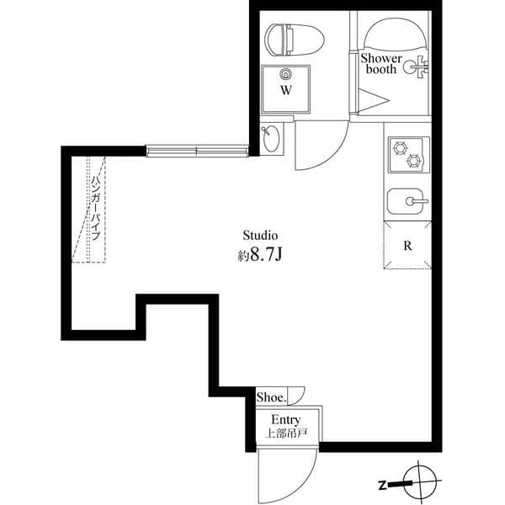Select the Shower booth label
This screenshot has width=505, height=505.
(380, 64)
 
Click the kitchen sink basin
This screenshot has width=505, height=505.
(407, 202)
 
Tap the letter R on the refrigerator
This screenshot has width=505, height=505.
(407, 247)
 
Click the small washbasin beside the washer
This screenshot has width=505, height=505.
(271, 138)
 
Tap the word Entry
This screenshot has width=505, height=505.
(286, 419)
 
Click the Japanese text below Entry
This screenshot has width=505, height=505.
(286, 434)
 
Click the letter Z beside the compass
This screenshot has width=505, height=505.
(382, 485)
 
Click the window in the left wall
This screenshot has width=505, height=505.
(197, 151)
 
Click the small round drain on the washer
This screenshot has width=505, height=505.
(285, 73)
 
